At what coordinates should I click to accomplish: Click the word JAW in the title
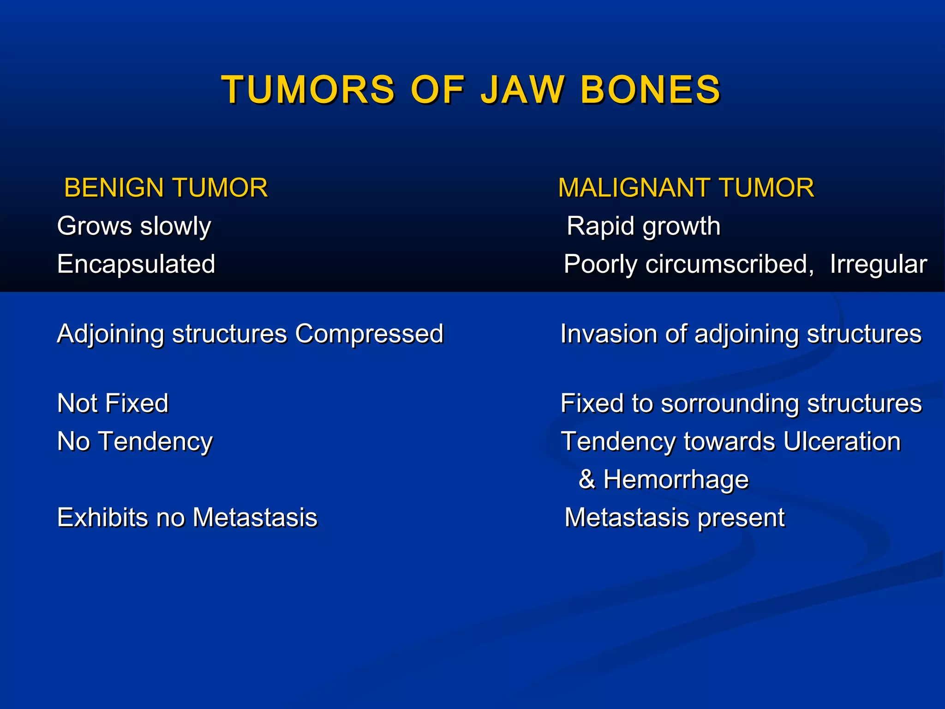click(522, 90)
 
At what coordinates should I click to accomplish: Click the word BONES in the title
click(650, 90)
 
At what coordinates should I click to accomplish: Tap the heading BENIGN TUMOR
click(166, 188)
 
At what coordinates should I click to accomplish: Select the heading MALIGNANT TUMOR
click(686, 188)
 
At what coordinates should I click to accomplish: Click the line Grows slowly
click(134, 226)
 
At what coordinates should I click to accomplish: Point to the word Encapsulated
click(136, 264)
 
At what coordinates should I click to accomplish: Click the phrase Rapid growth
click(643, 226)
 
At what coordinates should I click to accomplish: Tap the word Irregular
click(878, 264)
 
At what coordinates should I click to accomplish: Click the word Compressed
click(369, 334)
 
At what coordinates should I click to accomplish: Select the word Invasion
click(609, 334)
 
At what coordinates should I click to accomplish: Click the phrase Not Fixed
click(113, 403)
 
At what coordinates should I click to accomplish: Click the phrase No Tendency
click(135, 442)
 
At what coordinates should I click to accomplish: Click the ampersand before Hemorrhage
click(586, 479)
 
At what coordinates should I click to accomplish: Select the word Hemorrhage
click(676, 479)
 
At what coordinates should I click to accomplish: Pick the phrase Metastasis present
click(674, 517)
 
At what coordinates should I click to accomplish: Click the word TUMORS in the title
click(308, 90)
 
